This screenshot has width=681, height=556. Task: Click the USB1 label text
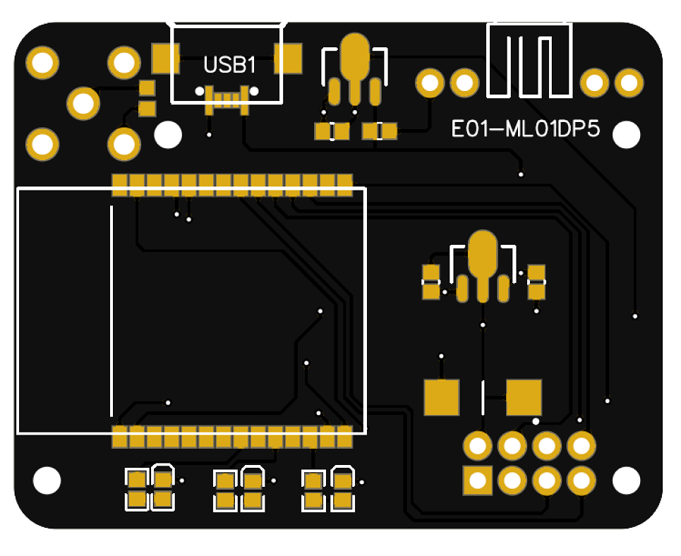coord(229,66)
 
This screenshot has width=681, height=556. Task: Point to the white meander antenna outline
coord(529,61)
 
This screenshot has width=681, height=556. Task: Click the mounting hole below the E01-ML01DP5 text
coord(626,135)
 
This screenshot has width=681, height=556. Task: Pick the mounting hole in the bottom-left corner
coord(47,481)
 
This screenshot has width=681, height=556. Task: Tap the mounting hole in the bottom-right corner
coord(626,481)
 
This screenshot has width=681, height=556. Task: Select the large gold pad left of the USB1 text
coord(166,59)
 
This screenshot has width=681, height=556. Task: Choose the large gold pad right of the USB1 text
coord(288,59)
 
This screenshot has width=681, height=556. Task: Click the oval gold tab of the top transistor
coord(354,56)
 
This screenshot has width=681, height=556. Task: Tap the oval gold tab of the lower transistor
coord(483,254)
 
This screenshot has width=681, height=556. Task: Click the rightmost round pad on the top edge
coord(629,83)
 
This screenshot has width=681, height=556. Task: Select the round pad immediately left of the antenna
coord(464,83)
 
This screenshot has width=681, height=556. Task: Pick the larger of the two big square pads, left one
coord(442,397)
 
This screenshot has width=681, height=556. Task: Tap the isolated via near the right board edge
coord(634,315)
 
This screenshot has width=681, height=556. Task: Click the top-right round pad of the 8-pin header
coord(581,446)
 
